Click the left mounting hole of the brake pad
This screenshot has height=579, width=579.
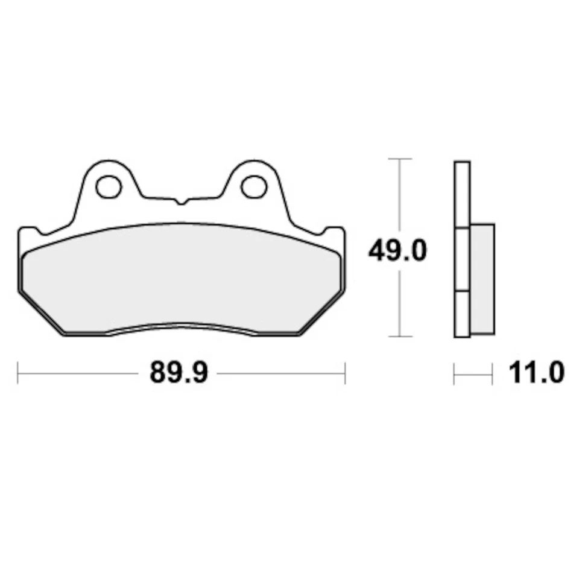[109, 186]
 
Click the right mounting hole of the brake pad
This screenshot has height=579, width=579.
[253, 186]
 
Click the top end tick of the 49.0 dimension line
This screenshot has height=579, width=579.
[399, 159]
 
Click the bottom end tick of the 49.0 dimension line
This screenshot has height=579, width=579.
[399, 337]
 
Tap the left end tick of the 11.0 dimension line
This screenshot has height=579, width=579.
[454, 374]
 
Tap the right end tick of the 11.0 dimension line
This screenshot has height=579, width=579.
[492, 374]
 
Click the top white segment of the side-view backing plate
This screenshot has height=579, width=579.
[461, 194]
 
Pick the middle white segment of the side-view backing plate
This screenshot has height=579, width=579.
[461, 259]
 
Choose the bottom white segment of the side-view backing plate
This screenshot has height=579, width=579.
[461, 314]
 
